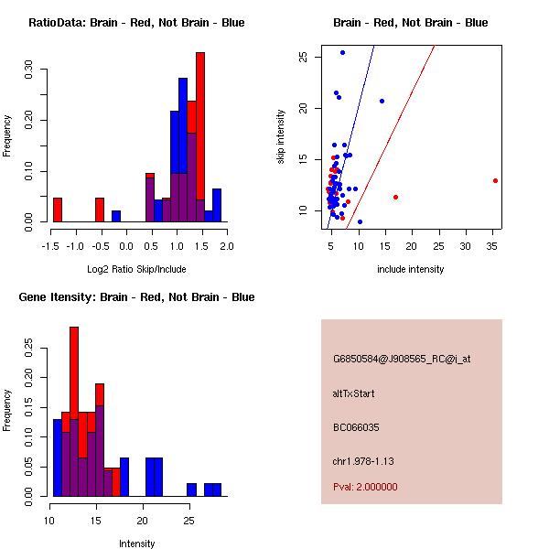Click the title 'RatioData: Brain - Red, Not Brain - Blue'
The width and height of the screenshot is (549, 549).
(x=136, y=22)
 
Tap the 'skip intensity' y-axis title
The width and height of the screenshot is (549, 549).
(x=282, y=136)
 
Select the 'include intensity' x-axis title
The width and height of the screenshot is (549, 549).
(x=411, y=269)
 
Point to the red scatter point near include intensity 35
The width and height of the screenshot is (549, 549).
(x=495, y=180)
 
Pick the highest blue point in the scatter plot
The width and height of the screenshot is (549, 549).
(x=342, y=53)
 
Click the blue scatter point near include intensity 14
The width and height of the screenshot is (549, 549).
(x=382, y=101)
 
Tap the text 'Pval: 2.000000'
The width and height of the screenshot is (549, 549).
(x=365, y=487)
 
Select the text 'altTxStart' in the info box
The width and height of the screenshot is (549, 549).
(x=354, y=393)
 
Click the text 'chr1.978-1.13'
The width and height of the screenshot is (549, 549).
(x=362, y=460)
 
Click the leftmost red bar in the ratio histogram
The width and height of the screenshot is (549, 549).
(x=58, y=210)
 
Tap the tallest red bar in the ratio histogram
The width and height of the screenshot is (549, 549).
(x=200, y=137)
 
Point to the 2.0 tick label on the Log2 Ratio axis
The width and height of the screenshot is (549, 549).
(x=226, y=246)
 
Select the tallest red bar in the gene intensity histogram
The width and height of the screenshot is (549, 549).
(x=74, y=412)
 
